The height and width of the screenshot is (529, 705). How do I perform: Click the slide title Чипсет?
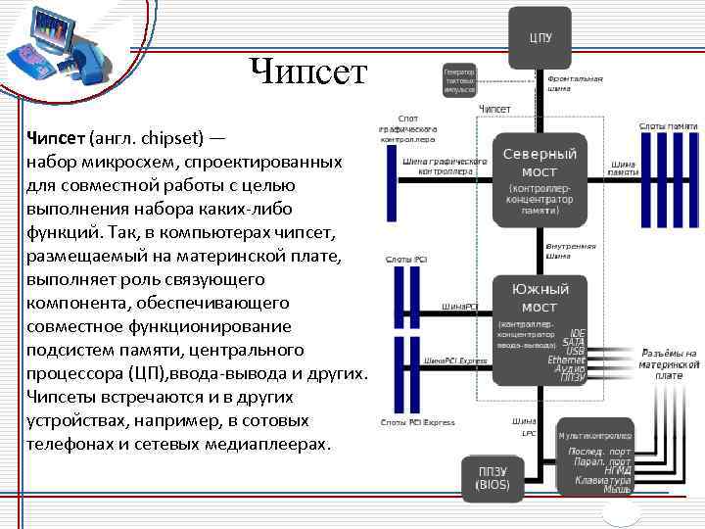[x=308, y=72]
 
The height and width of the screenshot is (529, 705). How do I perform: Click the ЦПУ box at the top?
[x=540, y=38]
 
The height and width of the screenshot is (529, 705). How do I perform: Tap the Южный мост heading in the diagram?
[x=540, y=298]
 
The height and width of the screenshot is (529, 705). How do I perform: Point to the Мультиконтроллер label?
[x=594, y=434]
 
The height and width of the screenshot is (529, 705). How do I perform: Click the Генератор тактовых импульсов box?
[x=458, y=80]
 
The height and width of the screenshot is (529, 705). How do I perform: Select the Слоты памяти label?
[x=668, y=125]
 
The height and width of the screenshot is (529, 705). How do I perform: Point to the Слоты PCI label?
[x=406, y=260]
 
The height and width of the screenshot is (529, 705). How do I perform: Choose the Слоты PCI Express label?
[x=417, y=422]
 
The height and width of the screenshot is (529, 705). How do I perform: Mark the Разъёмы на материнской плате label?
[x=669, y=363]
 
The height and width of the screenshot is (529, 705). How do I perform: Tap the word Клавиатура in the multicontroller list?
[x=604, y=480]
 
